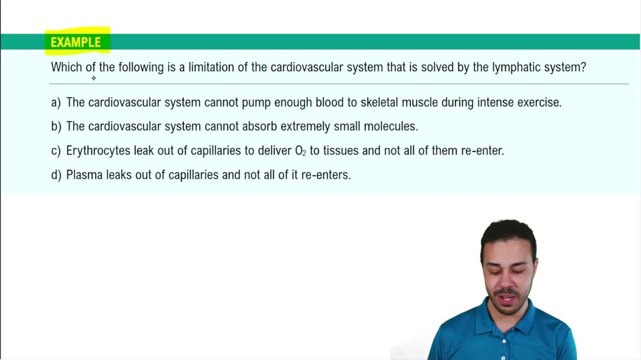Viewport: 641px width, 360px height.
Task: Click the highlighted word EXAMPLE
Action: [76, 42]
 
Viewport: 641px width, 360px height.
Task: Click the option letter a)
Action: [56, 102]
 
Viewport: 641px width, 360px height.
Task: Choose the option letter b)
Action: [56, 127]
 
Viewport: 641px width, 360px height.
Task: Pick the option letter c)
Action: [56, 151]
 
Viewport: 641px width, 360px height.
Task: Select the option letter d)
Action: [56, 175]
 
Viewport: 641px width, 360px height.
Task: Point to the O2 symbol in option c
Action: [301, 152]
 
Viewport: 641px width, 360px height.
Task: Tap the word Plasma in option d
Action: [85, 175]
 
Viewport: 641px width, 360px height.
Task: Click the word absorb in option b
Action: [260, 127]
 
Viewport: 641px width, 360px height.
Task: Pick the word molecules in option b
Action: [390, 127]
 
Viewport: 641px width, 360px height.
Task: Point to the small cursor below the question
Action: [94, 78]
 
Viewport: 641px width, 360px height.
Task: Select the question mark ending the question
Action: [583, 67]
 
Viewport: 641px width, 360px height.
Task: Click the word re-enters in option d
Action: [326, 175]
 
